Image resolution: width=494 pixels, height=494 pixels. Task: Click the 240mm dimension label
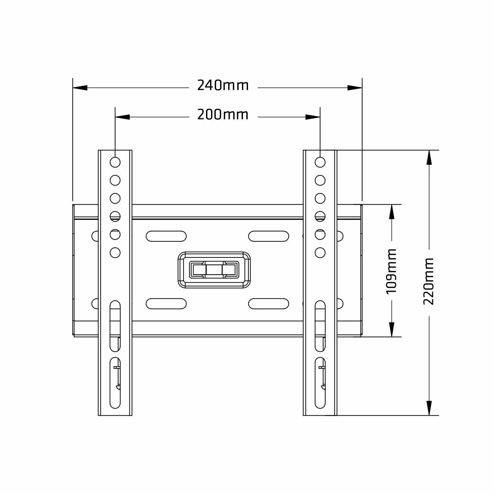pos(223,85)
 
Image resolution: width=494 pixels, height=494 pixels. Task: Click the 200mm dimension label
pos(223,114)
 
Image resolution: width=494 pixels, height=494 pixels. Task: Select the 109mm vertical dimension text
pos(392,271)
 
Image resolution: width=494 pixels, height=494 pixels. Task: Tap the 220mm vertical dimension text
pos(428,282)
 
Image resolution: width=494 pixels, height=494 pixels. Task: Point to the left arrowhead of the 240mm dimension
pos(80,88)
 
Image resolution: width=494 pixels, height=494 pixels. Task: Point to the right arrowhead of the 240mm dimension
pos(355,88)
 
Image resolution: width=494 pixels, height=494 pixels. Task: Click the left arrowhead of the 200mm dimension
pos(123,117)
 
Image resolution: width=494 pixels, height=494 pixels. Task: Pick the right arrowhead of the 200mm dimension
pos(313,117)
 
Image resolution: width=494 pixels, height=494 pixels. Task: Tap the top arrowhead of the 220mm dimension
pos(429,157)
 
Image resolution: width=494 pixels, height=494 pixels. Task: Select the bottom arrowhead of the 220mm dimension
pos(429,408)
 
